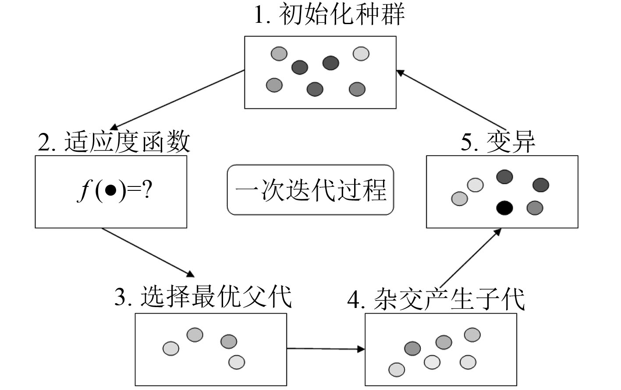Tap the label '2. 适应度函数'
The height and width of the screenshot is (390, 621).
coord(114,142)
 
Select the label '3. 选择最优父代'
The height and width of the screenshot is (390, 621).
coord(203,297)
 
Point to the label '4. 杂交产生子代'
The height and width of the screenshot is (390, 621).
coord(436,300)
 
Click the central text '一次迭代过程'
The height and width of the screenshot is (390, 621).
coord(310,190)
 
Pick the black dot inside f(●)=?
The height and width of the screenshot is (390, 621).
coord(110,191)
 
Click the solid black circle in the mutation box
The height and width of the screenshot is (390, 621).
coord(504,208)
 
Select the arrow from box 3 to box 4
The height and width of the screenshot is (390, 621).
coord(326,349)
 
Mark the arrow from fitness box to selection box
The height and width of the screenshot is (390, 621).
coord(148,252)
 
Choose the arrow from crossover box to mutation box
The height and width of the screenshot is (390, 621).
coord(470,258)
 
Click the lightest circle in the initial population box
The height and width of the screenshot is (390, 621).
coord(361,54)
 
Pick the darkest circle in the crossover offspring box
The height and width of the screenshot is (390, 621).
coord(412,349)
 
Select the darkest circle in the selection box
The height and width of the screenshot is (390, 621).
coord(229,341)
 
